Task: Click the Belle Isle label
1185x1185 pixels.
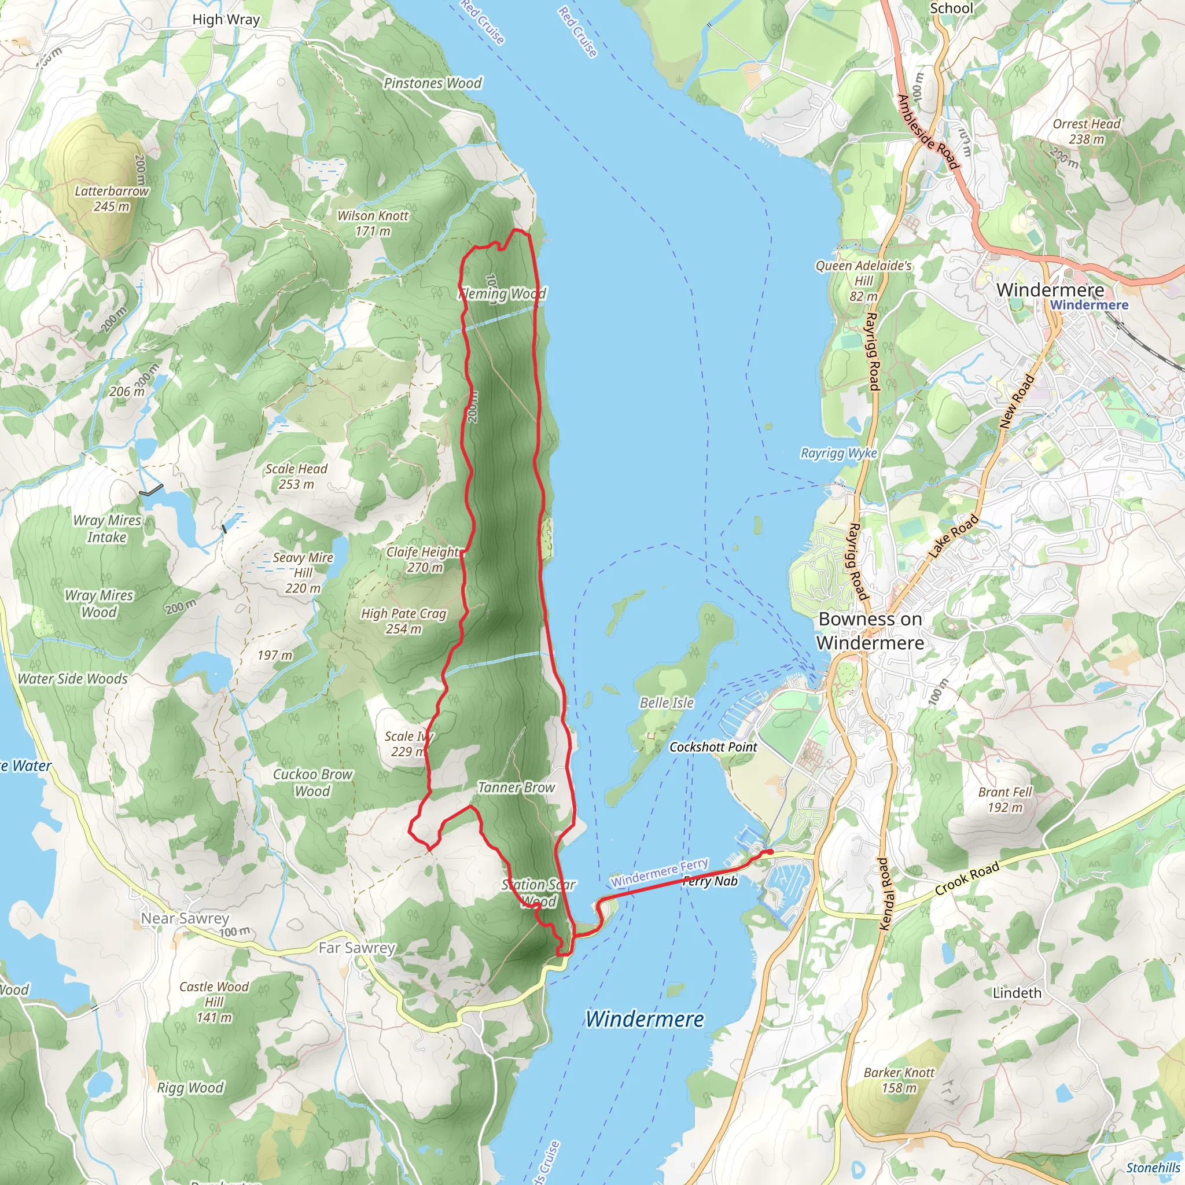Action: pyautogui.click(x=666, y=703)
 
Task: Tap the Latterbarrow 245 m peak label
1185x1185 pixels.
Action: pyautogui.click(x=112, y=198)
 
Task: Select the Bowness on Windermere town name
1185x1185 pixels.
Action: pyautogui.click(x=870, y=631)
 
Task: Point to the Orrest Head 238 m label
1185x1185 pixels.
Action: pyautogui.click(x=1086, y=131)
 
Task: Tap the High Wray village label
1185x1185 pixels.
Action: pyautogui.click(x=226, y=20)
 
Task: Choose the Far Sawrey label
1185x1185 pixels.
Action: pyautogui.click(x=356, y=948)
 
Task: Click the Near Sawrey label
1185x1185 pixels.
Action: pyautogui.click(x=185, y=918)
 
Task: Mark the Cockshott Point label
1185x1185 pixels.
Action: pyautogui.click(x=713, y=747)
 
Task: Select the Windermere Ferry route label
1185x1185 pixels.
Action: pyautogui.click(x=660, y=872)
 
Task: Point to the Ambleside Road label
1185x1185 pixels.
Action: pyautogui.click(x=927, y=132)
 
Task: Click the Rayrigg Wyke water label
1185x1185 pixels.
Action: pyautogui.click(x=838, y=453)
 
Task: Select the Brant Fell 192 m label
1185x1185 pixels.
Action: pyautogui.click(x=1004, y=799)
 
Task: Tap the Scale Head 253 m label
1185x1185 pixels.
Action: pyautogui.click(x=296, y=476)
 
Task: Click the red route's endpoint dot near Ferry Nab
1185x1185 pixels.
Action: pyautogui.click(x=768, y=852)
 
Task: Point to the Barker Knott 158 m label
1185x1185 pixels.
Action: pyautogui.click(x=899, y=1080)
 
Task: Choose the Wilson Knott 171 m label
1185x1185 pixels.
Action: pyautogui.click(x=372, y=223)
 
